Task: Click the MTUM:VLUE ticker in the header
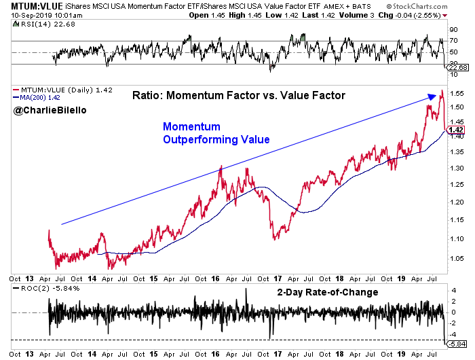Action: [28, 5]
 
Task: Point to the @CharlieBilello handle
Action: [45, 109]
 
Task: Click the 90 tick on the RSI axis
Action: [451, 29]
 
